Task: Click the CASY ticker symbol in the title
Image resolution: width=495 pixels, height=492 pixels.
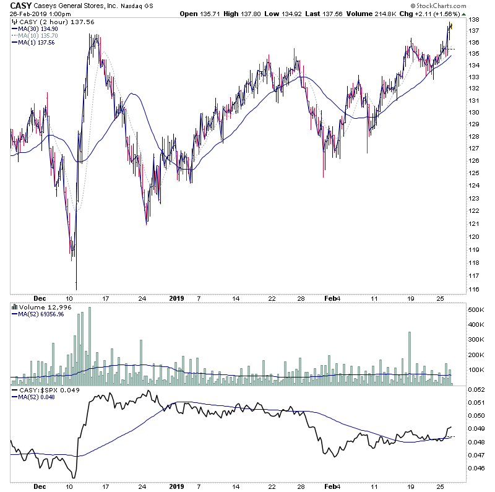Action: coord(19,6)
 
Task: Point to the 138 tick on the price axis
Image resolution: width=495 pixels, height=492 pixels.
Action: coord(473,20)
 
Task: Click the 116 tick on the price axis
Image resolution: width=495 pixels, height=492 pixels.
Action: coord(473,290)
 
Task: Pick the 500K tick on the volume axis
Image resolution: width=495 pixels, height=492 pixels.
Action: coord(475,309)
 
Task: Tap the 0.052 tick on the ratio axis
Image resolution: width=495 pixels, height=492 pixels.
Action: coord(475,389)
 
